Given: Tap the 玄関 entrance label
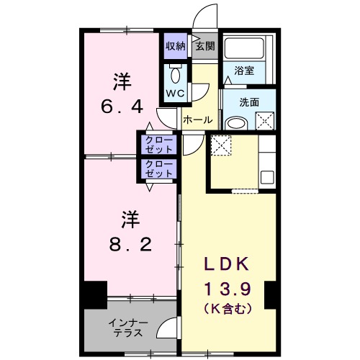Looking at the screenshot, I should tap(204, 46).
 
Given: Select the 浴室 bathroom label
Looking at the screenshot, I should tap(243, 71).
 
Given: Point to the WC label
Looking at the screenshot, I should tap(176, 94).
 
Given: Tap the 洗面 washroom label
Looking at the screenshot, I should tap(249, 102).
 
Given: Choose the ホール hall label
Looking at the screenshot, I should tap(197, 120).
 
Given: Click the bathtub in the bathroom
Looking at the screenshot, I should tap(244, 49).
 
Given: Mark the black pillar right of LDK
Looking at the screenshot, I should tap(271, 295).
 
